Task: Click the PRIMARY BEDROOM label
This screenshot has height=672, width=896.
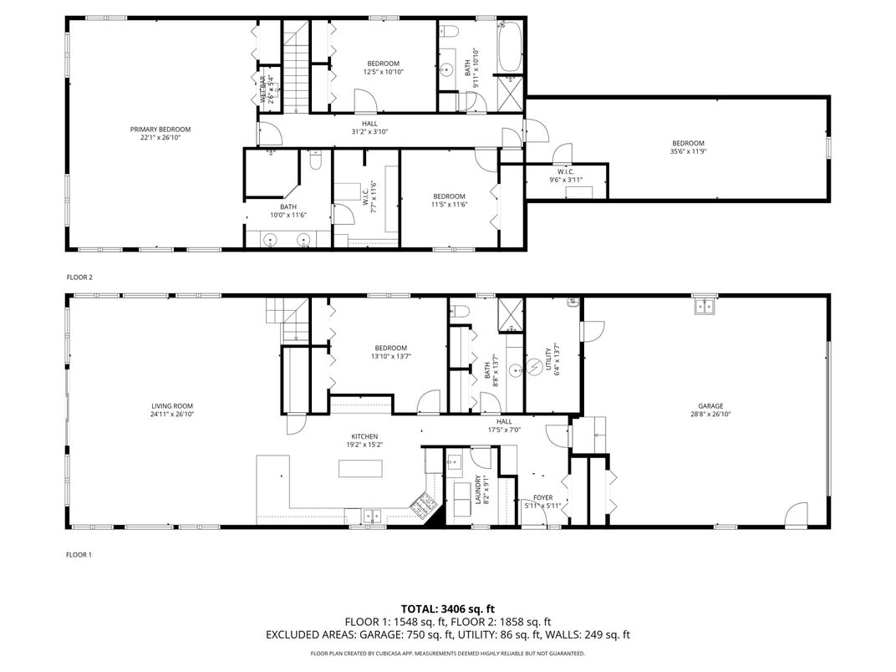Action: coord(160,130)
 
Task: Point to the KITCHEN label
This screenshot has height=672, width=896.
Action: coord(364,436)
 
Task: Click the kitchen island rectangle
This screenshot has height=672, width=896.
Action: coord(358,468)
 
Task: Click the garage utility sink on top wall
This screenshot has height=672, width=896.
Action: coord(704,307)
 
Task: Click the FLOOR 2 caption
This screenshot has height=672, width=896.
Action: coord(79,277)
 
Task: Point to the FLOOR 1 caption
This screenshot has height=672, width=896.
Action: coord(79,554)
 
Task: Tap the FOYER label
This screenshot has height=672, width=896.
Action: coord(543,498)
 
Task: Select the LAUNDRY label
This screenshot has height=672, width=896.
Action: coord(479,490)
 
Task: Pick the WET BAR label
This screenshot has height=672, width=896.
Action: coord(262,89)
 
